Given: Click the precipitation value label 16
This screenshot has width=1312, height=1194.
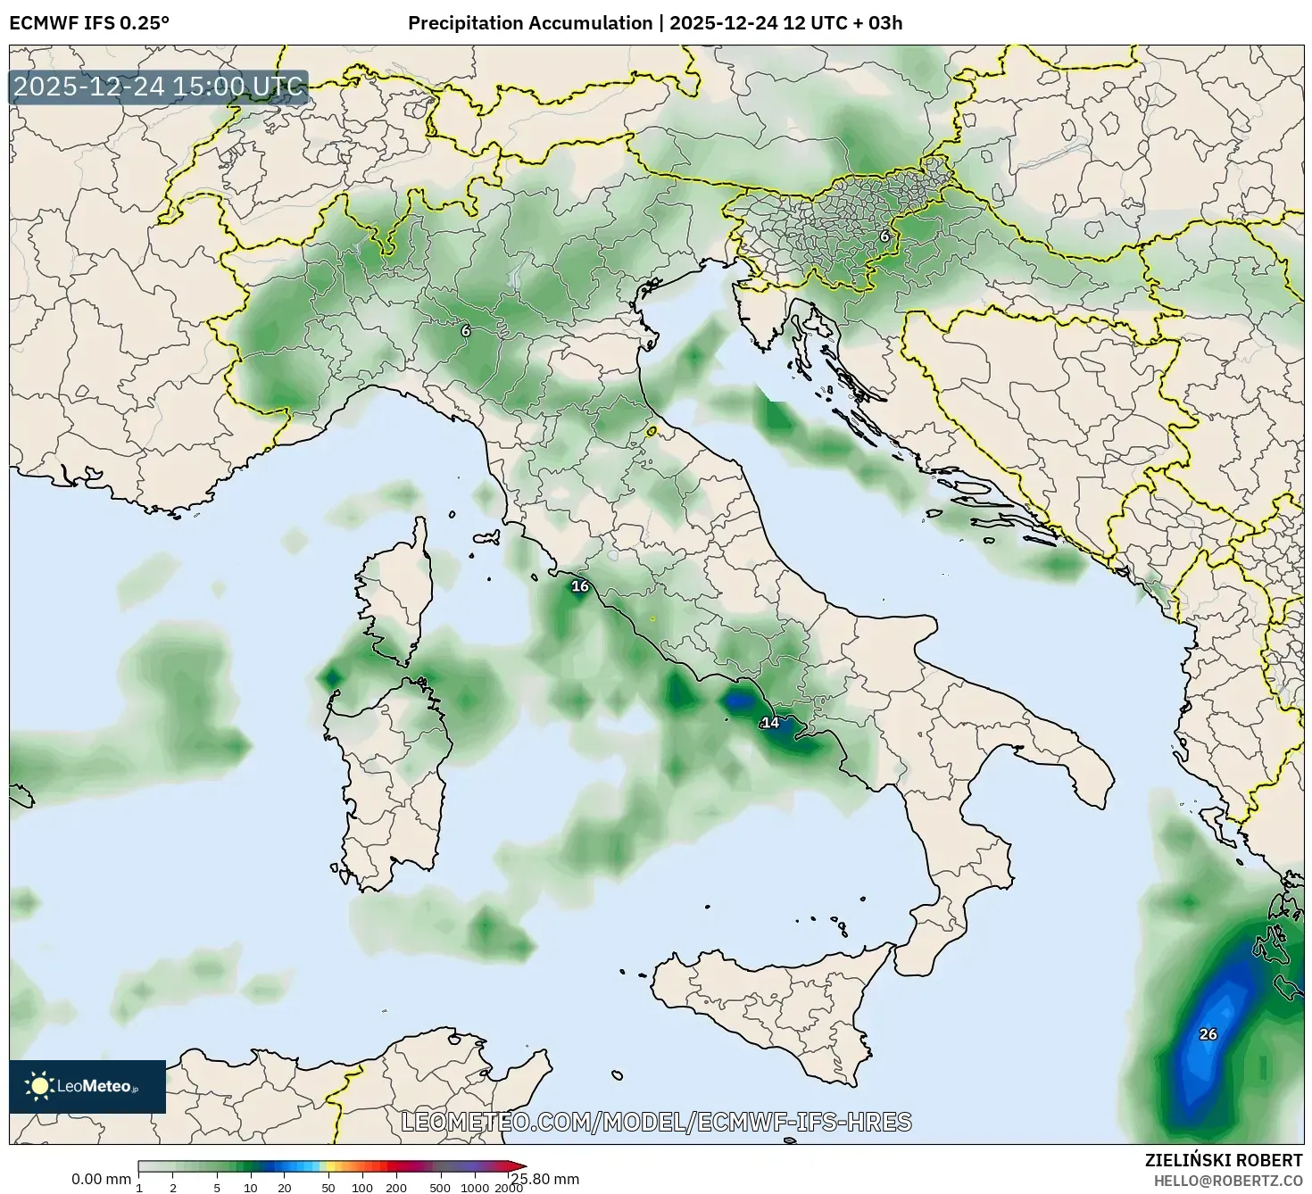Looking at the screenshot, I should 580,586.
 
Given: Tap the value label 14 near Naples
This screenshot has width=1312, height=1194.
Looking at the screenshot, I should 770,723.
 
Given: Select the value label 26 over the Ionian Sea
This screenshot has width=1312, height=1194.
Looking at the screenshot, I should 1208,1034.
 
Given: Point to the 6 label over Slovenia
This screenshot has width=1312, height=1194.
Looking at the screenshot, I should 884,236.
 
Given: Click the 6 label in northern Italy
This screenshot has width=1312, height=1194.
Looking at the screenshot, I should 465,331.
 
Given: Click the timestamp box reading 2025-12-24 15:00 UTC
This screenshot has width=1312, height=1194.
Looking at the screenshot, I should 159,87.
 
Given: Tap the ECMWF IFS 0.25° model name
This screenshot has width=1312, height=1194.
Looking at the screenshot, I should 88,23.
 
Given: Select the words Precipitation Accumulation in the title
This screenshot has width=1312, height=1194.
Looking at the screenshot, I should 530,23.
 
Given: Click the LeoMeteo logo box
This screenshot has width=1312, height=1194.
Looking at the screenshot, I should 87,1086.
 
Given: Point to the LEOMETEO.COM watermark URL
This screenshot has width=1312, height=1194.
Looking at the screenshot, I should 657,1122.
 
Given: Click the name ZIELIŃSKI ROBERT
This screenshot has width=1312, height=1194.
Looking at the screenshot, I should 1224,1160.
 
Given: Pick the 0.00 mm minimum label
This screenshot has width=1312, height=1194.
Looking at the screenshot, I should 101,1180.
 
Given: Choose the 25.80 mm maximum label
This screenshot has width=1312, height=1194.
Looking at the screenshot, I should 544,1180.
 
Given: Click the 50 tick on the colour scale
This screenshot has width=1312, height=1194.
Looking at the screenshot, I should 328,1188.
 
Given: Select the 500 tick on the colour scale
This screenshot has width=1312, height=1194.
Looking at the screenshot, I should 440,1188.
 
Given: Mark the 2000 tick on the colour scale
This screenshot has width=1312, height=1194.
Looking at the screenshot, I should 509,1188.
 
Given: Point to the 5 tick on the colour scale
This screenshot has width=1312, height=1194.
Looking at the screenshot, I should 217,1188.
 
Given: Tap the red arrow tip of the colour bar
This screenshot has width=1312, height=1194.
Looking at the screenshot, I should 520,1165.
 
